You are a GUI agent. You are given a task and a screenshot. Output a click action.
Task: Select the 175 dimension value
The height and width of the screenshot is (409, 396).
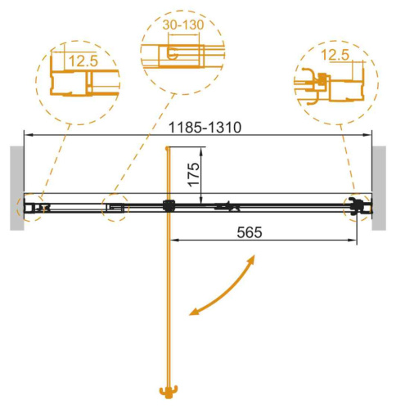coord(192,170)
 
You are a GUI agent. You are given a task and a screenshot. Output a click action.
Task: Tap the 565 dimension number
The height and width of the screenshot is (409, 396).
coord(246,231)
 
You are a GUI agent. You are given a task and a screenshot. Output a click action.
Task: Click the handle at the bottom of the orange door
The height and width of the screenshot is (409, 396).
coord(169,390)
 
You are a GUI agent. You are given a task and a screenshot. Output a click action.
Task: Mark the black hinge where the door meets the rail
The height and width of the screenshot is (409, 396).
coord(169,206)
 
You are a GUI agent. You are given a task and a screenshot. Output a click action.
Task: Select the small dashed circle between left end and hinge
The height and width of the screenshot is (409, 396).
coord(115,208)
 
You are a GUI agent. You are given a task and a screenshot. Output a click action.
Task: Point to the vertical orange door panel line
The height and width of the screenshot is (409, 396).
coord(169,303)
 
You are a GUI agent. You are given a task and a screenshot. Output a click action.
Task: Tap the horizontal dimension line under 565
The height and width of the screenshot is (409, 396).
coord(262,241)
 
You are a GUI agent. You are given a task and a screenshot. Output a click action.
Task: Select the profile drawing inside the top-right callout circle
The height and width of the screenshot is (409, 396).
coord(323,82)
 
